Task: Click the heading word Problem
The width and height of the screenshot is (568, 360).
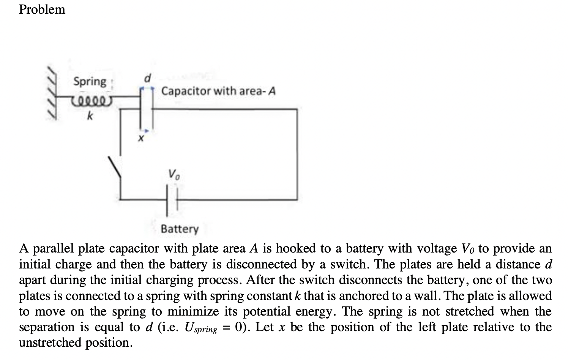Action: click(x=42, y=9)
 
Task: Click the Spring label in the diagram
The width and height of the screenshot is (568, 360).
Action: click(x=90, y=81)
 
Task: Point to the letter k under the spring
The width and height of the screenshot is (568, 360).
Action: click(x=90, y=116)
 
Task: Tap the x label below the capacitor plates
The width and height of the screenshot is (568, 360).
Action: click(x=141, y=139)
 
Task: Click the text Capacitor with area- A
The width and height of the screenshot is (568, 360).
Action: click(x=218, y=91)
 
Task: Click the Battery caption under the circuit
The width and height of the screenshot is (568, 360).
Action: click(x=180, y=229)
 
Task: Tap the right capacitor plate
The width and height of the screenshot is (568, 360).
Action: click(x=152, y=110)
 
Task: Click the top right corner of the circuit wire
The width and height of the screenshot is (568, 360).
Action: click(x=297, y=109)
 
